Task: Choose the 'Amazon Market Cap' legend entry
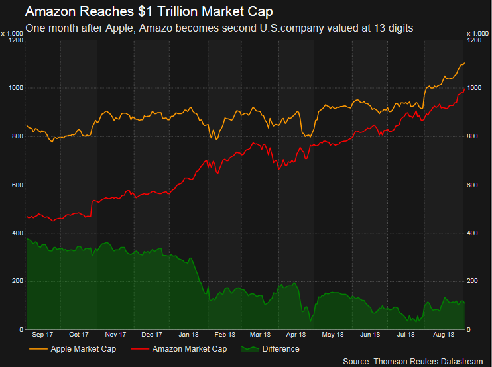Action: [x=190, y=349]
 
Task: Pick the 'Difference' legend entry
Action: [x=280, y=349]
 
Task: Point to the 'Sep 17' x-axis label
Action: [x=42, y=335]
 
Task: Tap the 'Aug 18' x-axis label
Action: [x=444, y=335]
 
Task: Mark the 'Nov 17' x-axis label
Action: [x=115, y=335]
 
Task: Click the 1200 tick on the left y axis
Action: [x=15, y=40]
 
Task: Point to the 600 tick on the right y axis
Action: [x=475, y=185]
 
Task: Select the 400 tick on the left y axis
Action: [x=17, y=233]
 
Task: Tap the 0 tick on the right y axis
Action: [x=469, y=329]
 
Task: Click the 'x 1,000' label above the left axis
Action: [x=13, y=33]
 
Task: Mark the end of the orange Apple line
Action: [x=464, y=63]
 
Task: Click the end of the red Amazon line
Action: [x=464, y=89]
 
